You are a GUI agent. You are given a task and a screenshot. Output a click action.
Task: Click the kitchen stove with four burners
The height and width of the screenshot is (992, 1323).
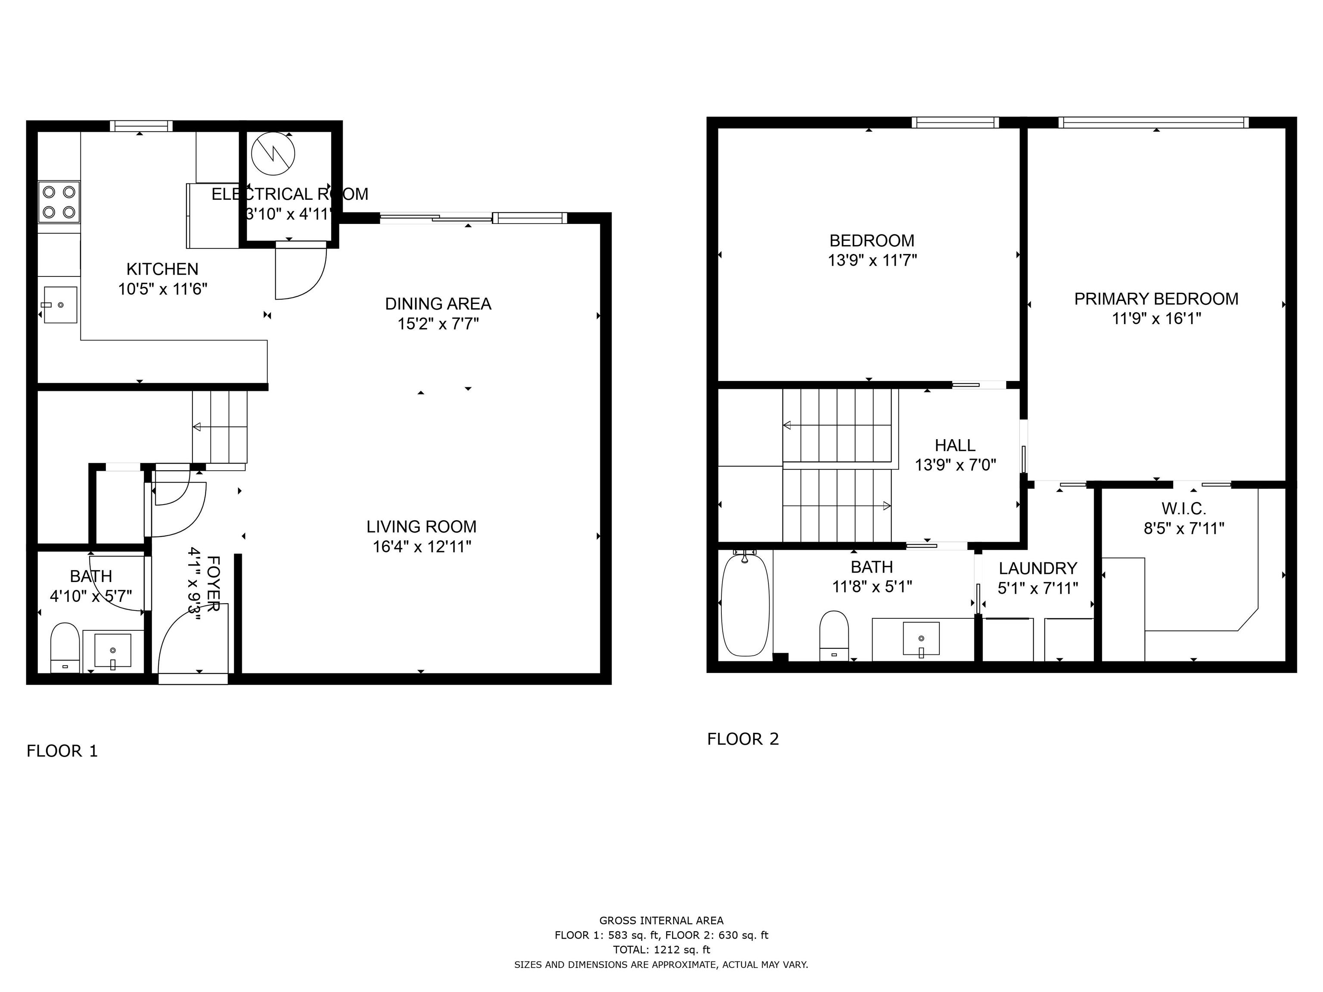coord(59,202)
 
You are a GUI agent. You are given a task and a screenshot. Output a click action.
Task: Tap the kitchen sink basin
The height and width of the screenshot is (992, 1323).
coord(60,305)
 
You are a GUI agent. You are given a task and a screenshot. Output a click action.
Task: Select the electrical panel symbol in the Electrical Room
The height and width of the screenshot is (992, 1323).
coord(273,154)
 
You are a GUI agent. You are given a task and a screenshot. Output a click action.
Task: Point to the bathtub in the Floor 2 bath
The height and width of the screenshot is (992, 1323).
coord(745,604)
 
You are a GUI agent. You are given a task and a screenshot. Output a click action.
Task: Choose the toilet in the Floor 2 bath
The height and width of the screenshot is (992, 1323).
coord(834,635)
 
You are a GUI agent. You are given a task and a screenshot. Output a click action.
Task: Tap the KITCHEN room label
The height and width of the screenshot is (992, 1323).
coord(162,269)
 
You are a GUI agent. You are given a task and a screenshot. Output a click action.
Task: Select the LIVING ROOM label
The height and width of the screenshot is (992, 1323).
coord(422,527)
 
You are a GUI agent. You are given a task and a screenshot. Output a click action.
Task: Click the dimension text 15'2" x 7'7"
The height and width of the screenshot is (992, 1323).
coord(438,324)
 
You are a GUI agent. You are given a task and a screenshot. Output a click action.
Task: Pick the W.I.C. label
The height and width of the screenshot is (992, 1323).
coord(1183,509)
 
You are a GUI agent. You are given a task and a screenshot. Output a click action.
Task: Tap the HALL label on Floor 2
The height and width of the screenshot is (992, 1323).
coord(955,446)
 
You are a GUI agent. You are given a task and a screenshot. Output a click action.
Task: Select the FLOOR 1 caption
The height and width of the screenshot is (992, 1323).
coord(62,751)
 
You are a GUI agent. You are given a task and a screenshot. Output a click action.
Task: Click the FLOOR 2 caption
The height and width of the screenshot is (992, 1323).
coord(743,739)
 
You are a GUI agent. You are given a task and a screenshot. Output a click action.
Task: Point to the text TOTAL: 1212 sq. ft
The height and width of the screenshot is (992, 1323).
coord(661,949)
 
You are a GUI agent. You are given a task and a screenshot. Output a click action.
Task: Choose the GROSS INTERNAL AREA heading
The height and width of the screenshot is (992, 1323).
coord(661,921)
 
